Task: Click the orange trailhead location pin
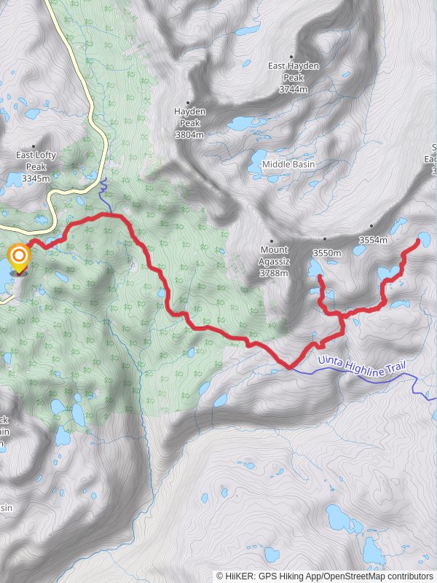coord(18,257)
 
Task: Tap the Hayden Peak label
coord(189,117)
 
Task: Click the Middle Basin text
coord(288,165)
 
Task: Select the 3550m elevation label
coord(326,253)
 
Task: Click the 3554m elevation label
coord(373,240)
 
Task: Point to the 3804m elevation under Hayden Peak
coord(189,135)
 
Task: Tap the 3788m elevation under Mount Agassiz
coord(274,273)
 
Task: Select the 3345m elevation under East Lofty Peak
coord(36,179)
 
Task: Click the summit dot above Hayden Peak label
coord(188,103)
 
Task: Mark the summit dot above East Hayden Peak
coord(291,56)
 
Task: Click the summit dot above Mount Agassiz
coord(272,240)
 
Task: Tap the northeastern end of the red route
coord(418,240)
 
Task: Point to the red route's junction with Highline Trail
coord(290,368)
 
